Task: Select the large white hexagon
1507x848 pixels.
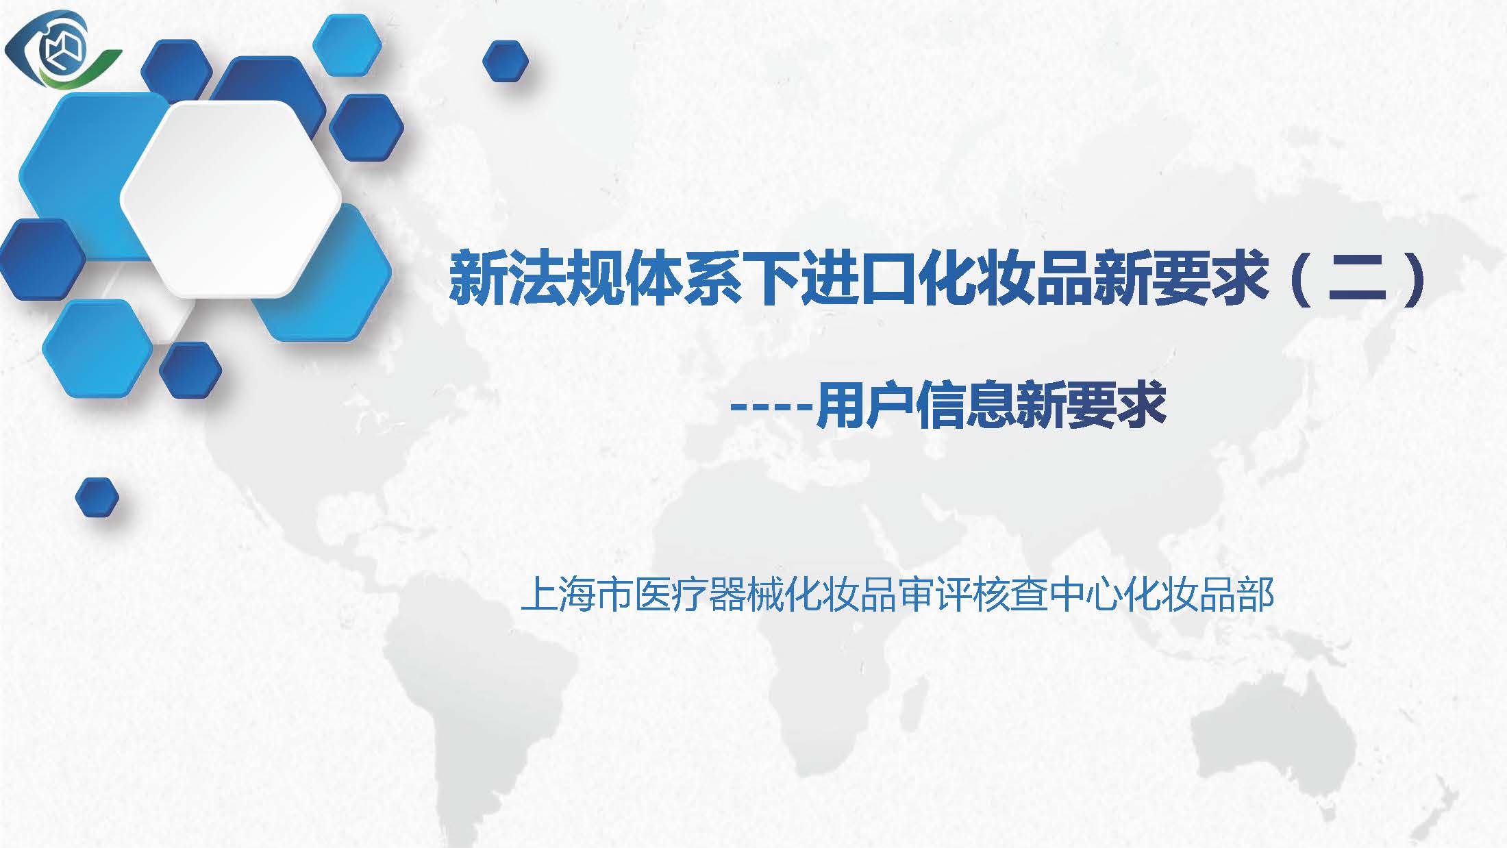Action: pos(231,199)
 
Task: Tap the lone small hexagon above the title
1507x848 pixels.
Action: pos(506,61)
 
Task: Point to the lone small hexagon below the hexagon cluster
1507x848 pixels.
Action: pos(97,497)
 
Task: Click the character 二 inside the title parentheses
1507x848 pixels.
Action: pos(1357,279)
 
